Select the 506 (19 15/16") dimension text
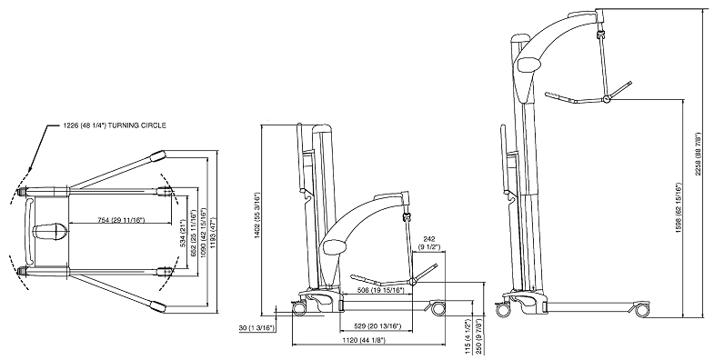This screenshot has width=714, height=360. (x=382, y=292)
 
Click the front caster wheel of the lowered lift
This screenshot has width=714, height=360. (x=438, y=310)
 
